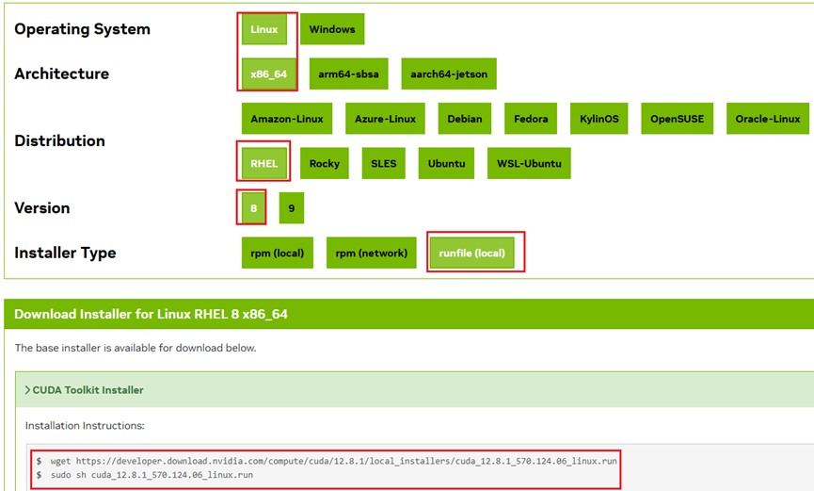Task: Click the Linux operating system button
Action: coord(264,29)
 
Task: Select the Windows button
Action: coord(332,29)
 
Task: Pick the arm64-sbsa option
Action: coord(347,74)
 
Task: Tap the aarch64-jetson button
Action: coord(449,74)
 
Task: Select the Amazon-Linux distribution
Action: coord(287,119)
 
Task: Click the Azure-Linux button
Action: coord(386,119)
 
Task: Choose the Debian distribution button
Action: coord(465,119)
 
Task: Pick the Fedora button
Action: coord(532,119)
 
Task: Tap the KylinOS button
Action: coord(600,119)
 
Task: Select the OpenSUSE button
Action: coord(677,119)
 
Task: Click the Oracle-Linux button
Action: coord(767,119)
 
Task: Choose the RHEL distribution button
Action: coord(264,163)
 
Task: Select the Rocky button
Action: coord(325,163)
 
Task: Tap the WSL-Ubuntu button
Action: coord(529,163)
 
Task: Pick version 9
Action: coord(292,207)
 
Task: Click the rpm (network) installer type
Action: coord(372,253)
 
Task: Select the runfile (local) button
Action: coord(471,253)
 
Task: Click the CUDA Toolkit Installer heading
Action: coord(88,389)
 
